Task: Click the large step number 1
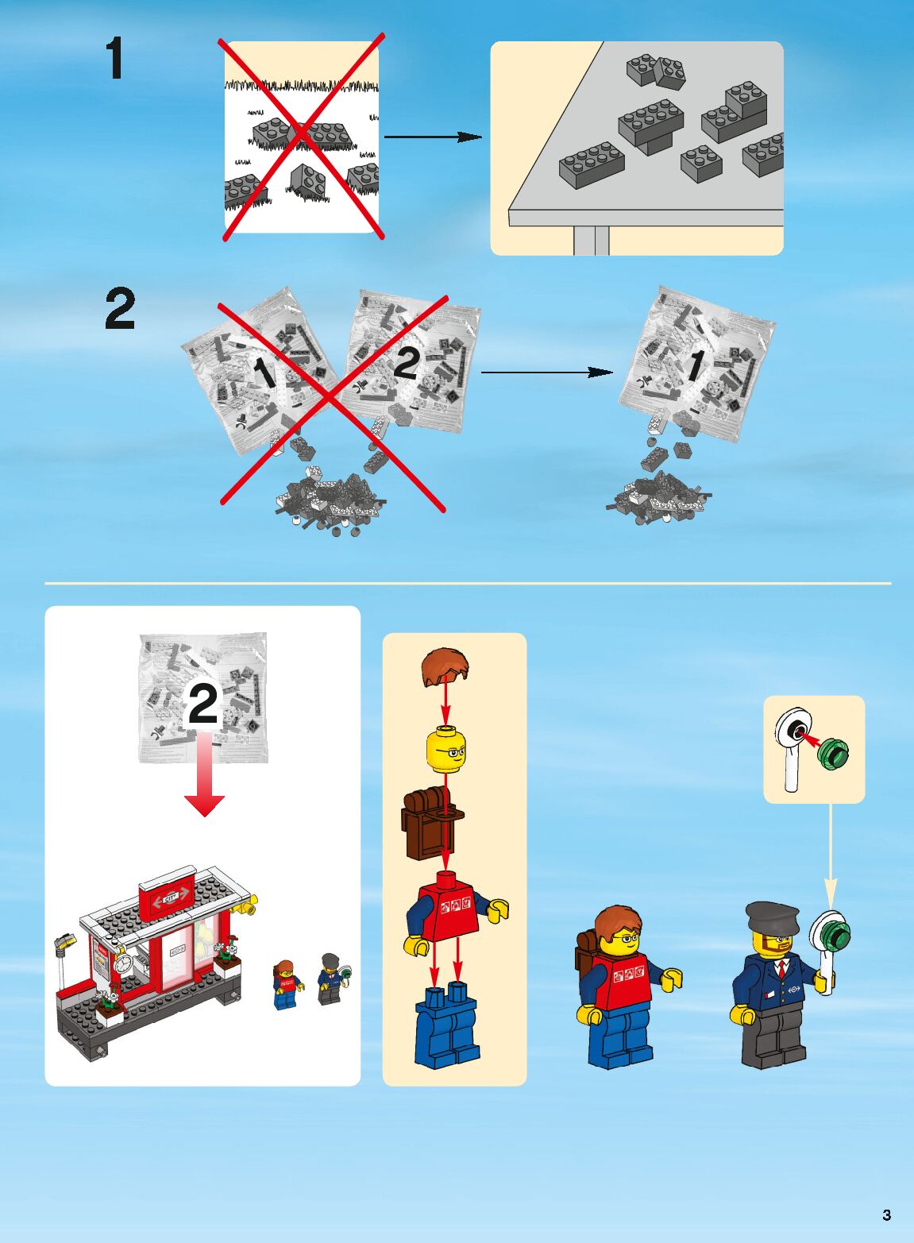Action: click(x=115, y=58)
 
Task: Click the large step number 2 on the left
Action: click(x=121, y=311)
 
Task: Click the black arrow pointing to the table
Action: click(x=433, y=137)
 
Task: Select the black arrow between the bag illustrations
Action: click(x=546, y=373)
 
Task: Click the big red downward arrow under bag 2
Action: click(x=204, y=774)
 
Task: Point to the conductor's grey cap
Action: click(x=772, y=917)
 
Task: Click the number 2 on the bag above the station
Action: click(x=202, y=703)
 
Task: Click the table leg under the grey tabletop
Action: click(x=591, y=241)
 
